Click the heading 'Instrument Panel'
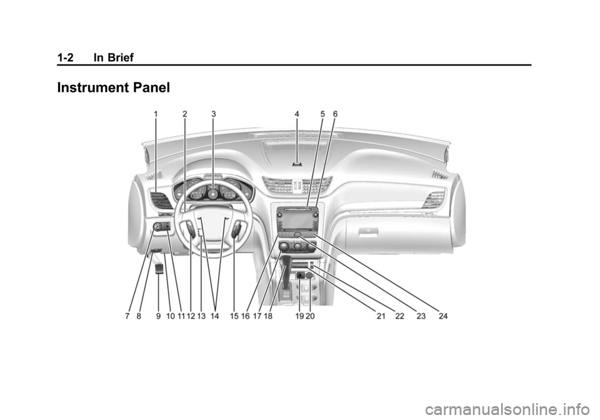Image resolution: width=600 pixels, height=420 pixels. pyautogui.click(x=113, y=87)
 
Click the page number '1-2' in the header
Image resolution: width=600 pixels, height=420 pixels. pyautogui.click(x=66, y=57)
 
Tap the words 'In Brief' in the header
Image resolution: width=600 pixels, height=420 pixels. pyautogui.click(x=114, y=57)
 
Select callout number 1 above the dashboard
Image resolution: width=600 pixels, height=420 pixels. pyautogui.click(x=156, y=114)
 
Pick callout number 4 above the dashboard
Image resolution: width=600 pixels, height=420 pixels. pyautogui.click(x=297, y=114)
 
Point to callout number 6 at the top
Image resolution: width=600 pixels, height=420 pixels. pyautogui.click(x=335, y=114)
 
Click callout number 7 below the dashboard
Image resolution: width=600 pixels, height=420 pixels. pyautogui.click(x=127, y=316)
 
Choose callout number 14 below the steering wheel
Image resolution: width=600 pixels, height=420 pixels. pyautogui.click(x=214, y=316)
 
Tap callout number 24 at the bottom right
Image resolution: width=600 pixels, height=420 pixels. pyautogui.click(x=443, y=316)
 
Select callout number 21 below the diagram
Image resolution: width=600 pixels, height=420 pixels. pyautogui.click(x=381, y=316)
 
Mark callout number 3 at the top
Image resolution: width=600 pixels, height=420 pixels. pyautogui.click(x=214, y=114)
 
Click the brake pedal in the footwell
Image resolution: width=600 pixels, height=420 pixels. pyautogui.click(x=159, y=268)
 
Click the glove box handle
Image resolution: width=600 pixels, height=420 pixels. pyautogui.click(x=369, y=231)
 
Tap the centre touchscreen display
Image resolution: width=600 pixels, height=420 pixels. pyautogui.click(x=297, y=217)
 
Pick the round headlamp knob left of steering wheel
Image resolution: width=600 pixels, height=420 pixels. pyautogui.click(x=157, y=227)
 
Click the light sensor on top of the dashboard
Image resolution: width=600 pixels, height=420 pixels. pyautogui.click(x=297, y=164)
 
